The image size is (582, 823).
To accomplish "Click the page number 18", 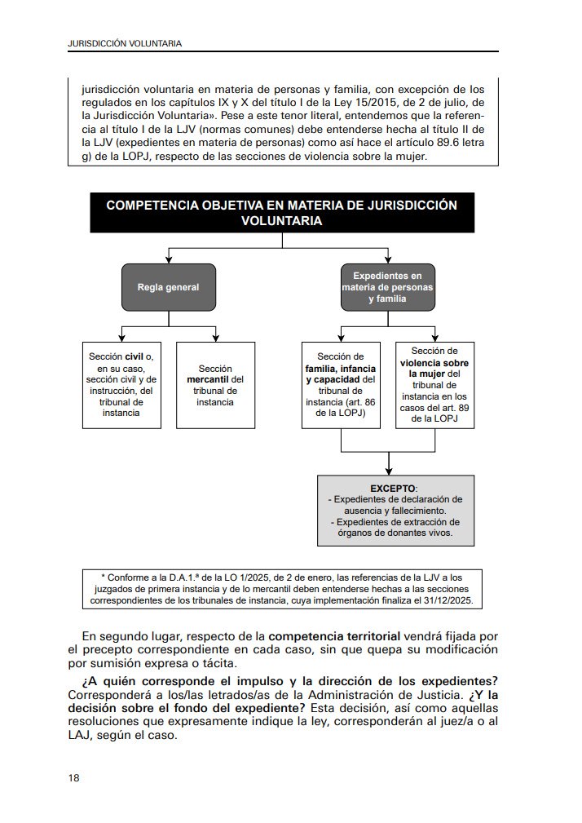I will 74,778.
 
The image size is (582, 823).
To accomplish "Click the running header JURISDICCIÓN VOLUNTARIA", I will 125,42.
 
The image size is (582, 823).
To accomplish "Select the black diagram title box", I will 282,213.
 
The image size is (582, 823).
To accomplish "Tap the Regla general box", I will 168,287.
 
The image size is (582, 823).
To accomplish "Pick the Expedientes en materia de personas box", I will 388,287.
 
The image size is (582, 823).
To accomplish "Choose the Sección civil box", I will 121,384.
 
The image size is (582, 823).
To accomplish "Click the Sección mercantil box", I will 215,384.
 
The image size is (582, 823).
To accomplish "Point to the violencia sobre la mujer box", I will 434,385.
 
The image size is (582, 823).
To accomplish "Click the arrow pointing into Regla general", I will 168,258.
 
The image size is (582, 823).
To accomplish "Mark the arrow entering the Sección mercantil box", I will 215,335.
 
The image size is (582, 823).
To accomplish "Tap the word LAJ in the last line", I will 81,734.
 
